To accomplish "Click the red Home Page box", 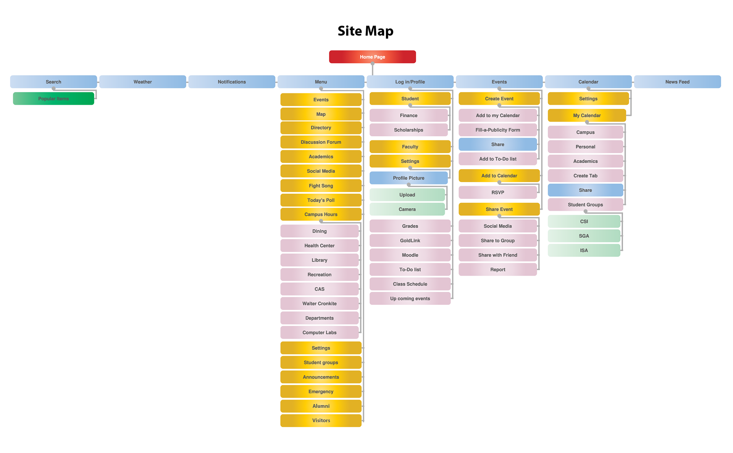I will click(372, 57).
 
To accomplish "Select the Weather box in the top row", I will click(142, 82).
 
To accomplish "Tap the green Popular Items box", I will click(53, 99).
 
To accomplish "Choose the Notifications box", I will click(232, 82).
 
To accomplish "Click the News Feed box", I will click(677, 82).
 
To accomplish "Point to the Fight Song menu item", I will click(321, 186).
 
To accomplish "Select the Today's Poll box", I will click(321, 200).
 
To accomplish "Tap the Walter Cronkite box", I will click(320, 304).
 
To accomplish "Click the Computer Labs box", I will click(320, 333).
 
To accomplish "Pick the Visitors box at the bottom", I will click(321, 421).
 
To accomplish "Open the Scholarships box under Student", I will click(408, 130).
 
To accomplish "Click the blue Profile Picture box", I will click(408, 178).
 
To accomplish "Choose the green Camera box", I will click(407, 209).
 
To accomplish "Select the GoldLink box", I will click(410, 241).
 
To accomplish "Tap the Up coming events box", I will click(410, 299).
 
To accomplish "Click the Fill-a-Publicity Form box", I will click(497, 130).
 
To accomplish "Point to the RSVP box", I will click(497, 193).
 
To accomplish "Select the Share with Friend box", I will click(497, 255).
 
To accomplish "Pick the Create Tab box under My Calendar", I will click(585, 176).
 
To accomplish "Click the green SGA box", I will click(584, 236).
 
